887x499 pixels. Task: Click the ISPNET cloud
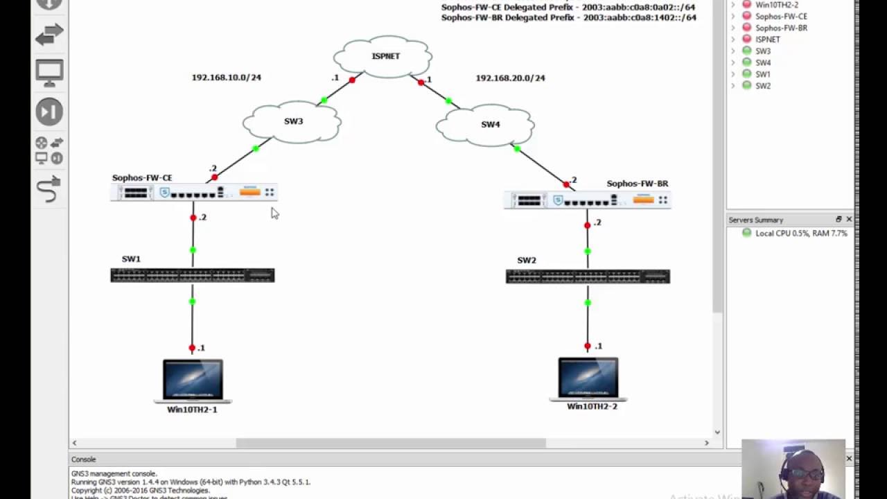383,55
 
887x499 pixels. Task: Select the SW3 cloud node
292,123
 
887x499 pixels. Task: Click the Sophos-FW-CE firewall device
193,193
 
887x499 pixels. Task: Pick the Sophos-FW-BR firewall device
587,200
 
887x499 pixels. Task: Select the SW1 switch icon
192,275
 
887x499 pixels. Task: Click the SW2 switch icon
588,277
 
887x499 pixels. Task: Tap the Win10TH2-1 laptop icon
193,380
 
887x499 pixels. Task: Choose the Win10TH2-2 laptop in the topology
588,378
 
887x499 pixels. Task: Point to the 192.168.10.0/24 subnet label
227,78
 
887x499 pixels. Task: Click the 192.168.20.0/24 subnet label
510,78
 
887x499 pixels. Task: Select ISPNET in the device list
767,40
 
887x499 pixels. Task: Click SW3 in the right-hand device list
762,51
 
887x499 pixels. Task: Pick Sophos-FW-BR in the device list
781,28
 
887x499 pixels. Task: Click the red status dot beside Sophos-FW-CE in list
746,16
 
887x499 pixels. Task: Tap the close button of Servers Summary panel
849,220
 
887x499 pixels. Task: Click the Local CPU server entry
800,234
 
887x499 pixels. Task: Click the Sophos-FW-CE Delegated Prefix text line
568,7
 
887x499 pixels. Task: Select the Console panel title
83,459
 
